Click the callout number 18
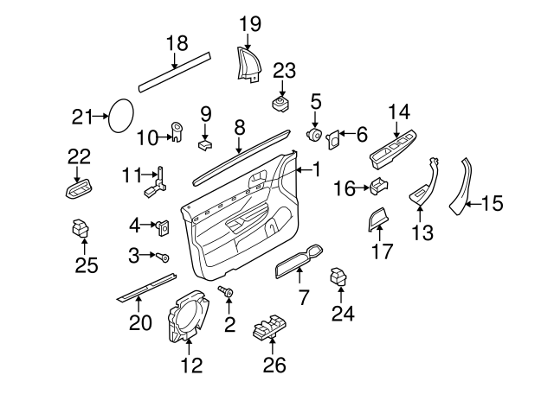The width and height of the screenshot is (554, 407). pyautogui.click(x=176, y=43)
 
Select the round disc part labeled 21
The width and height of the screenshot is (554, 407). pyautogui.click(x=119, y=115)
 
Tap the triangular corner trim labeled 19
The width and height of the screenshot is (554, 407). pyautogui.click(x=248, y=65)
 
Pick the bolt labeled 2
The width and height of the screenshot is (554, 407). pyautogui.click(x=229, y=295)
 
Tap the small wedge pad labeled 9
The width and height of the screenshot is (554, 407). pyautogui.click(x=205, y=143)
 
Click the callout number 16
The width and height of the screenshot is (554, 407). pyautogui.click(x=345, y=188)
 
